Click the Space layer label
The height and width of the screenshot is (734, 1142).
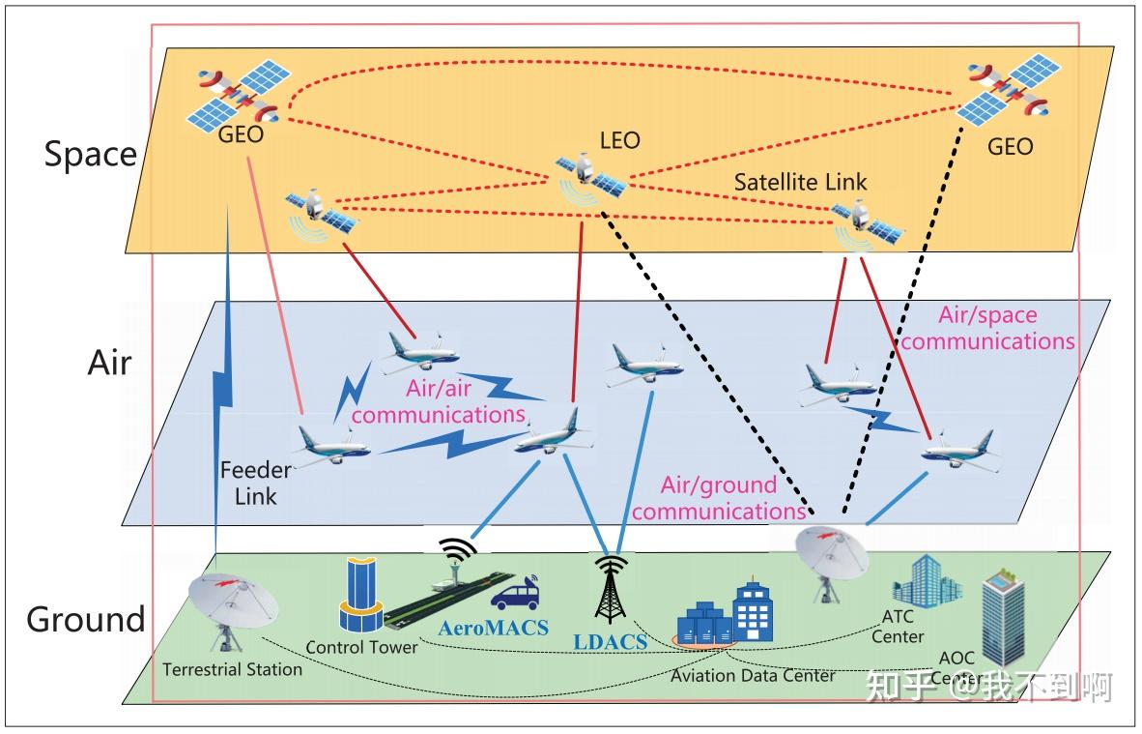coord(90,155)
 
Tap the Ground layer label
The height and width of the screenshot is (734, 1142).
coord(85,619)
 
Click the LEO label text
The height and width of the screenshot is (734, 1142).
coord(619,141)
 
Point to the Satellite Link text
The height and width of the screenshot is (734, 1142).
coord(800,182)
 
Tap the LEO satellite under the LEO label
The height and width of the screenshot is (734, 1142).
coord(587,175)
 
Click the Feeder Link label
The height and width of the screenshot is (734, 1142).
coord(255,484)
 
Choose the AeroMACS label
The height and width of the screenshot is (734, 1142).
coord(493,628)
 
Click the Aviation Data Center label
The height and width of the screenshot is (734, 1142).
coord(753,675)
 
